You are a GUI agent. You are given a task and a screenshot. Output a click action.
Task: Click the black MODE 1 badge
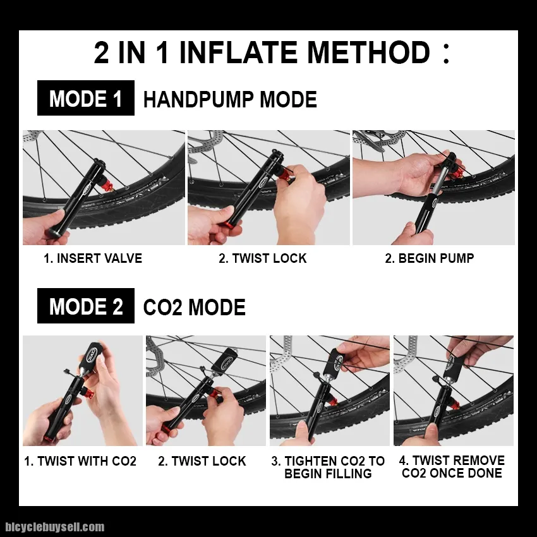coord(86,98)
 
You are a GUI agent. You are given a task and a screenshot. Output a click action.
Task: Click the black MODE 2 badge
coord(86,306)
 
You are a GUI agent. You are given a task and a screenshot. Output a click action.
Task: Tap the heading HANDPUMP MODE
coord(230,99)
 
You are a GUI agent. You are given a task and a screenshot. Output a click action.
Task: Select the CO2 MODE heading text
coord(194,307)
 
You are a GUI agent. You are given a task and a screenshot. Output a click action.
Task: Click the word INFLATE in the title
coord(238,52)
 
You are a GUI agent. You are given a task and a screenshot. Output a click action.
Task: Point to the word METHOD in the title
coord(368,52)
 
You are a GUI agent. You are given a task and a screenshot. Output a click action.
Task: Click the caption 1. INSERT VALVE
coord(93,258)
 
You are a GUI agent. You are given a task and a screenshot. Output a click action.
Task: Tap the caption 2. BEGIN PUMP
coord(430,258)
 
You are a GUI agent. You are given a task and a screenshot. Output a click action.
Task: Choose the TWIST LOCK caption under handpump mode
coord(263,258)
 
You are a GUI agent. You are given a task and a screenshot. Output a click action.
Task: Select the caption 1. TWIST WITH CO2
coord(80,461)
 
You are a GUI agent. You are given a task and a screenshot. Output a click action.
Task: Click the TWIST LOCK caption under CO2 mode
coord(202,461)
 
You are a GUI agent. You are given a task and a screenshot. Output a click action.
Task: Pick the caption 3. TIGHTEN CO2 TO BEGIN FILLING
coord(328,467)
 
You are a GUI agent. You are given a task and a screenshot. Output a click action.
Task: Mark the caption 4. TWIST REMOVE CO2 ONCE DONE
coord(452,466)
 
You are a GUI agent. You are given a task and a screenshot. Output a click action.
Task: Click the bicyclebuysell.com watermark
coord(55,527)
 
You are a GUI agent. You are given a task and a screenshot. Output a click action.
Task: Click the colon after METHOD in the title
coord(446,53)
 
